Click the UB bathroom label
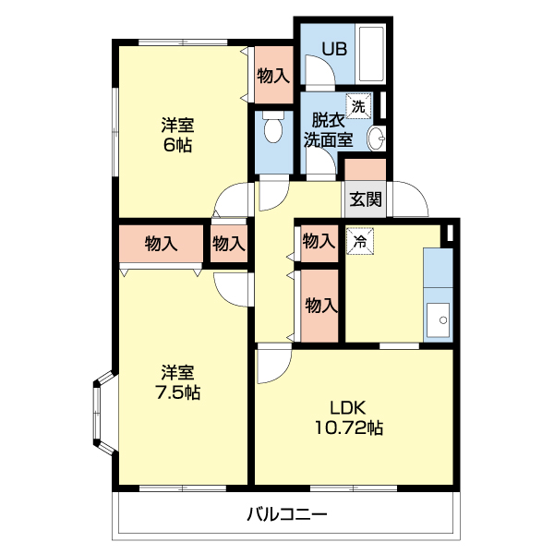334,49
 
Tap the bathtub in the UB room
372,54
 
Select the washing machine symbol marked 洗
357,106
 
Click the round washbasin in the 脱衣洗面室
376,138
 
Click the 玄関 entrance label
366,199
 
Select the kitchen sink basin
438,321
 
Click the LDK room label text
350,407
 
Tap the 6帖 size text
178,145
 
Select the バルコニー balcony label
286,515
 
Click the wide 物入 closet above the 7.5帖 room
161,244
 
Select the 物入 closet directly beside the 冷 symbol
319,242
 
